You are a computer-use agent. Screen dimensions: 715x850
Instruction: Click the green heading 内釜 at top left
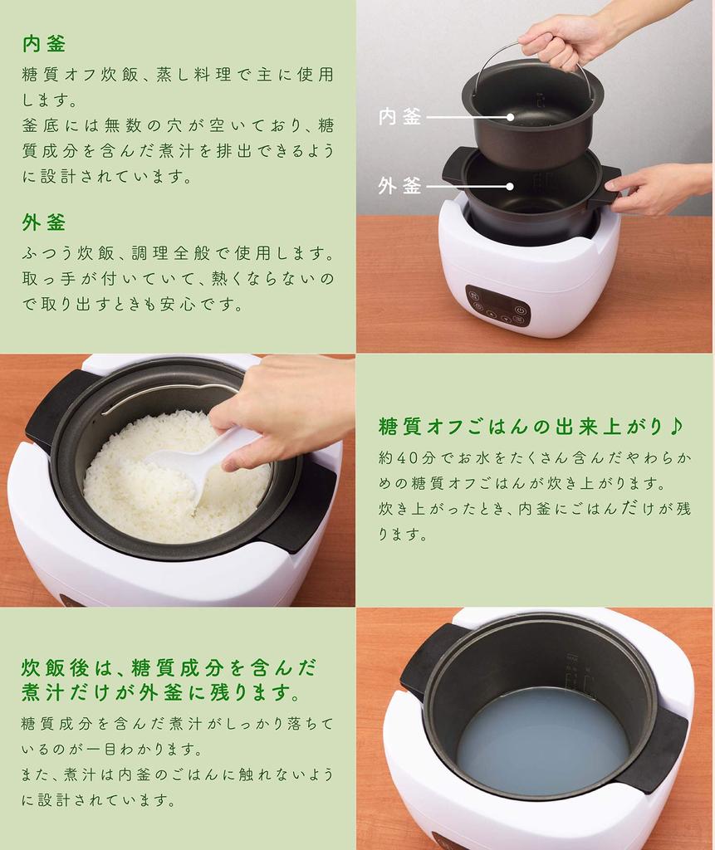coord(44,44)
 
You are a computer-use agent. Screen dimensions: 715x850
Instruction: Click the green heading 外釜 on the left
coord(44,222)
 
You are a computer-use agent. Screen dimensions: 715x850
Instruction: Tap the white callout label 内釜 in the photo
coord(399,116)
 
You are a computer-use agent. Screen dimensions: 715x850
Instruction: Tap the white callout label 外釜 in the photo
coord(399,186)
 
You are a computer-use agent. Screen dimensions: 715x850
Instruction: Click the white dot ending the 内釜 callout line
coord(510,116)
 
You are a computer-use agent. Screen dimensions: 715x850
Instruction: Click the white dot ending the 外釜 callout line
coord(509,187)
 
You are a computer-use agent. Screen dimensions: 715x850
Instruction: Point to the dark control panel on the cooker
coord(498,305)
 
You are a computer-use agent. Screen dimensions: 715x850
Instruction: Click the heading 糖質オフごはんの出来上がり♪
coord(530,427)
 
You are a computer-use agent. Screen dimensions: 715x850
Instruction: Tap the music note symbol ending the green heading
coord(674,426)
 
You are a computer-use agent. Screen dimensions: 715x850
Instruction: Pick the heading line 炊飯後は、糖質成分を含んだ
coord(169,668)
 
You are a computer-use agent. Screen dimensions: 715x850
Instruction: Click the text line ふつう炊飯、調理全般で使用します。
coord(179,252)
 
